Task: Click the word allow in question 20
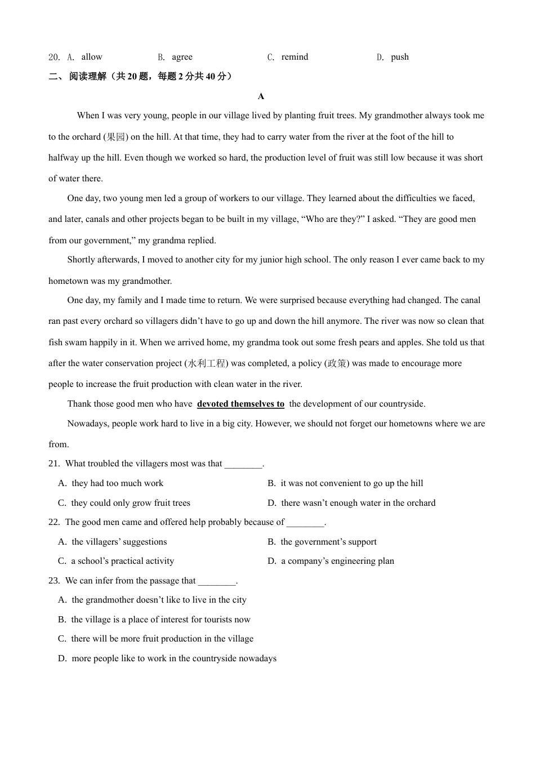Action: pos(92,57)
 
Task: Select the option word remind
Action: pos(295,57)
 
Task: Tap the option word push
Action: pos(400,57)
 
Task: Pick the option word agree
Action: pos(182,57)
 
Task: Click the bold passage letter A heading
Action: pos(261,97)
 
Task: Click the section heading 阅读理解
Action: pos(88,77)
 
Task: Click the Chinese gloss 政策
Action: pos(337,363)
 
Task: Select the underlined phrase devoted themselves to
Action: pos(240,404)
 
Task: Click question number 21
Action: pos(54,464)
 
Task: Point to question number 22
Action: pos(54,522)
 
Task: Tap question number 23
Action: pos(54,581)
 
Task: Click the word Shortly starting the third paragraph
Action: pos(82,260)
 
